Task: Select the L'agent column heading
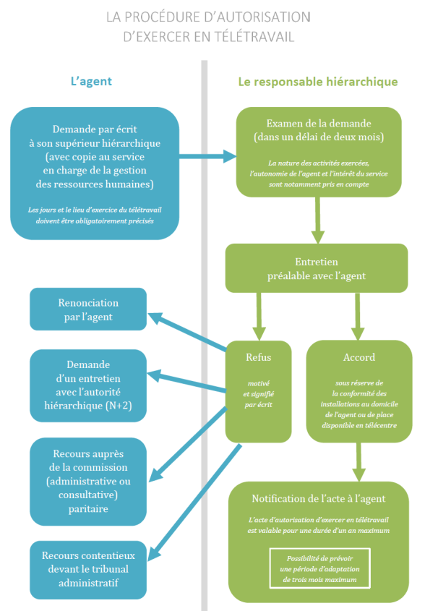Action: tap(91, 82)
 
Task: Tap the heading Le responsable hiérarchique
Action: tap(318, 82)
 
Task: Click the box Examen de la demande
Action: tap(319, 152)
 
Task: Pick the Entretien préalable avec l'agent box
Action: tap(317, 268)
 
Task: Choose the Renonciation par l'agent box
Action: tap(88, 309)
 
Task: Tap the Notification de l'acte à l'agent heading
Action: tap(319, 499)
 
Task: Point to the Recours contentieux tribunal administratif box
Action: tap(88, 570)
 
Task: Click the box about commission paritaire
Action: tap(88, 481)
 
